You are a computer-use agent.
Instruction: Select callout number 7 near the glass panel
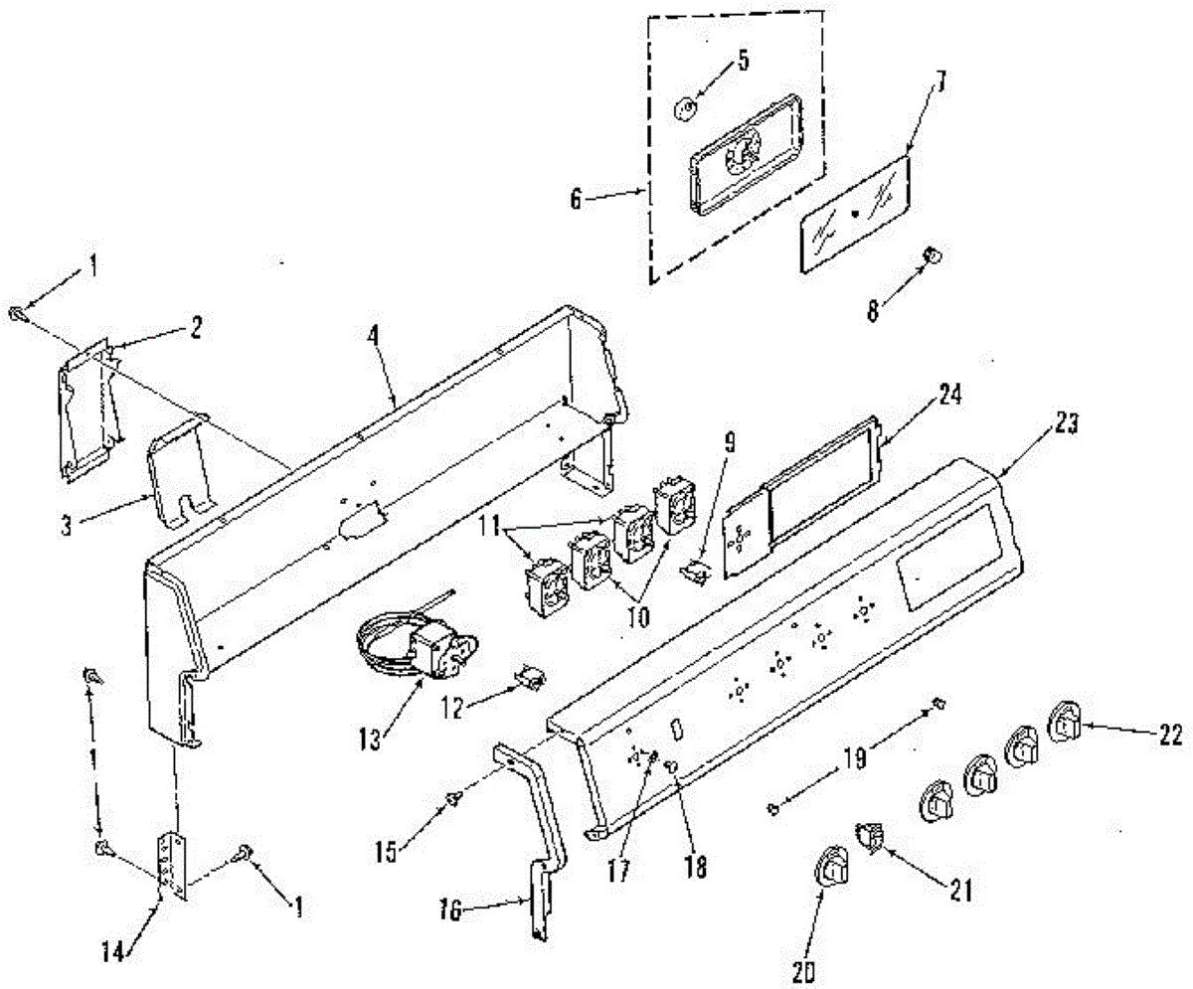pos(939,83)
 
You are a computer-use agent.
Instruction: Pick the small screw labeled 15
pos(453,797)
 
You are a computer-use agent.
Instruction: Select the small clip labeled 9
pos(700,570)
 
